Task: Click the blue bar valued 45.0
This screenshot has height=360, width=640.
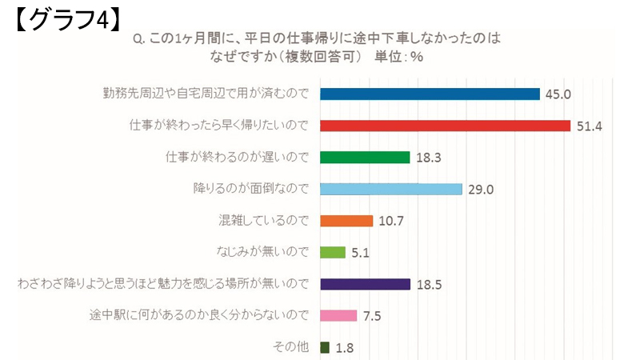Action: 430,94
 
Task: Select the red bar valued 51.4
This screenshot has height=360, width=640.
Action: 445,126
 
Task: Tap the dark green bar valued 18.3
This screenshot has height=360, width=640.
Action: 365,157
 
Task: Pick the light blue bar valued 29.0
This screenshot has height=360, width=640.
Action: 391,189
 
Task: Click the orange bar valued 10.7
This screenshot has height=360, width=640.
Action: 346,220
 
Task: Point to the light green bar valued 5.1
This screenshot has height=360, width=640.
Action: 332,252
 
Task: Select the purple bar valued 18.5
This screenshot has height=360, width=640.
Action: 365,283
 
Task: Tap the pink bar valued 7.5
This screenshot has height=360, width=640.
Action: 338,315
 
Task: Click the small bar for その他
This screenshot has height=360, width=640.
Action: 324,347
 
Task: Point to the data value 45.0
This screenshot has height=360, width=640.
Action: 558,94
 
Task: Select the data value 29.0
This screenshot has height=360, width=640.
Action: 481,189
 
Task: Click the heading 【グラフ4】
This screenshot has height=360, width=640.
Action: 67,19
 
